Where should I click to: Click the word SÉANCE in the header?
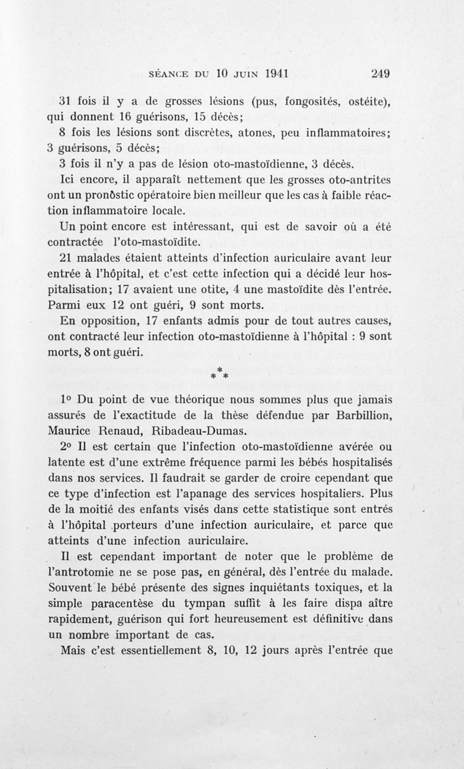[172, 74]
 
